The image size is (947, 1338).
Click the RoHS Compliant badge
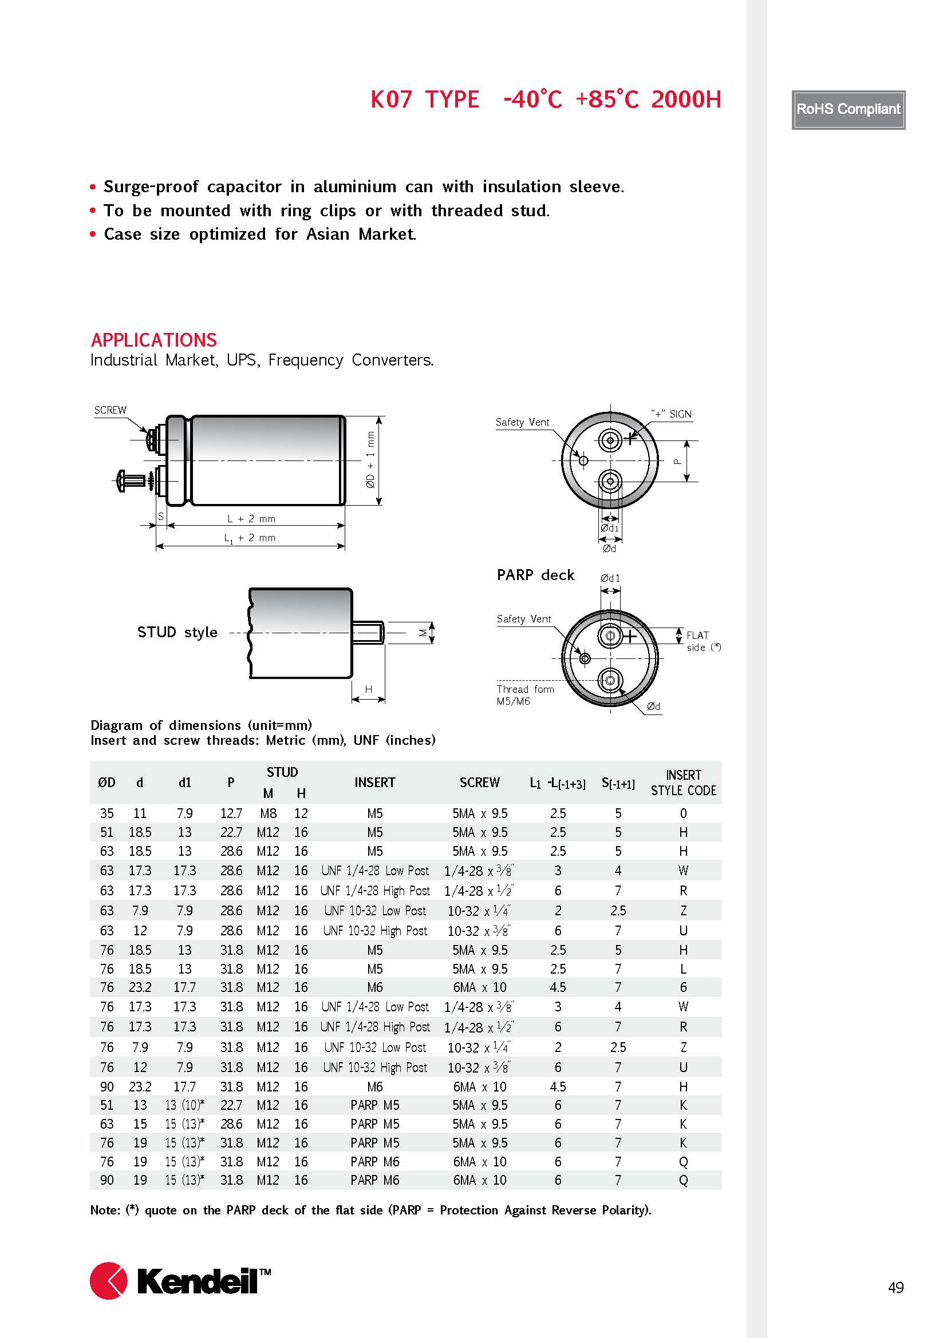click(848, 110)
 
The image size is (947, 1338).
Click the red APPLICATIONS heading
click(154, 340)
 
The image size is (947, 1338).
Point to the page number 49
click(895, 1287)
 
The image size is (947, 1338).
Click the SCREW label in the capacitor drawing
click(110, 410)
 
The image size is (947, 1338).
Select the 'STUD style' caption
click(177, 632)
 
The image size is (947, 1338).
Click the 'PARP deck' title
click(535, 575)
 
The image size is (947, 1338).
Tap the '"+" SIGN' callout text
click(671, 414)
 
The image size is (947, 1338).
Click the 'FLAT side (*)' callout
click(703, 641)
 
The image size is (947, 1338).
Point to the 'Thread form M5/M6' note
click(524, 694)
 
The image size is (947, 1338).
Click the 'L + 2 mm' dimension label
click(251, 519)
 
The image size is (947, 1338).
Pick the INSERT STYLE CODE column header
click(683, 783)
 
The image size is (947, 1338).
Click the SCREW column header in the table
click(479, 783)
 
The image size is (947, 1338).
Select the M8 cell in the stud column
click(268, 813)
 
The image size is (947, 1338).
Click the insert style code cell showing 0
click(683, 813)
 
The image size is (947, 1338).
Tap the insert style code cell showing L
click(683, 968)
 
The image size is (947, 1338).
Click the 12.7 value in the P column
click(231, 813)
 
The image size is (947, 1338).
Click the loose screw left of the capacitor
click(132, 480)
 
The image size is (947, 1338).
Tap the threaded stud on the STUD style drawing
click(369, 632)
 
